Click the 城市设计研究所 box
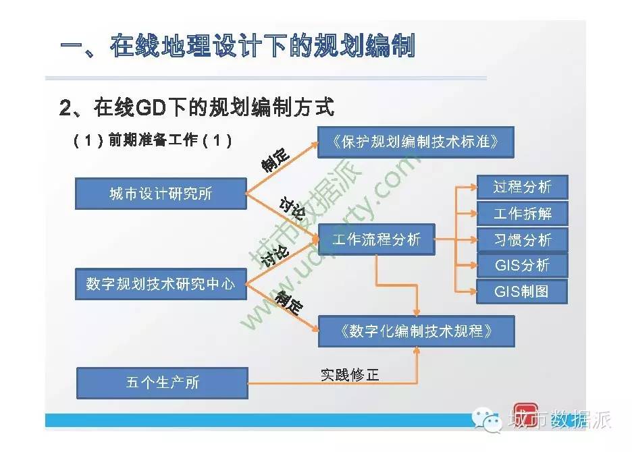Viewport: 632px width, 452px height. point(161,194)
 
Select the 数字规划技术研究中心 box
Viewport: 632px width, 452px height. point(161,284)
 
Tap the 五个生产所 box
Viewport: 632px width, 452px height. point(162,383)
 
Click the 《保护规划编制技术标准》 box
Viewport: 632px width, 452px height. point(415,142)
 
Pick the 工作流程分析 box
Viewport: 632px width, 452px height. point(377,239)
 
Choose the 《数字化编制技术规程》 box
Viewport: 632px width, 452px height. point(417,331)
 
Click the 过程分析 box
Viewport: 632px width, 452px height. point(523,187)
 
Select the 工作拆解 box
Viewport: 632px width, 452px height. point(523,213)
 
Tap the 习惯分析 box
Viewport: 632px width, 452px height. point(523,240)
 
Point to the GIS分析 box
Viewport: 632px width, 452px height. point(523,266)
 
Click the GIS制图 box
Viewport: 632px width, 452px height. point(522,291)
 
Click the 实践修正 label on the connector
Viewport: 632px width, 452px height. point(350,374)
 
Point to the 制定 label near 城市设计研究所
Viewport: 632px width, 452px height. point(275,160)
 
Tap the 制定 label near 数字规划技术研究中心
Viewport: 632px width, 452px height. point(289,302)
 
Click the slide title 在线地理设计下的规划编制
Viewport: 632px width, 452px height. point(263,45)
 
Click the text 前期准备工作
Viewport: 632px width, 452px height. point(153,140)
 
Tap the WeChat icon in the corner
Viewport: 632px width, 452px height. point(486,420)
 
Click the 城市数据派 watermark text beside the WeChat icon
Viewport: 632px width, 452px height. point(560,420)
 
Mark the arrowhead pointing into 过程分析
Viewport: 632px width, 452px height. point(473,187)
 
